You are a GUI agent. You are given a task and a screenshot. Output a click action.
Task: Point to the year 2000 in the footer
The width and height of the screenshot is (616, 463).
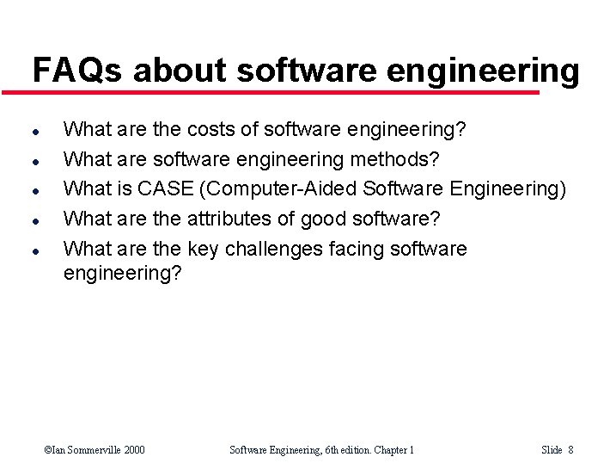pos(133,449)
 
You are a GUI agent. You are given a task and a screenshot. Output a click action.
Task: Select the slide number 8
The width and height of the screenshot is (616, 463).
pos(570,449)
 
